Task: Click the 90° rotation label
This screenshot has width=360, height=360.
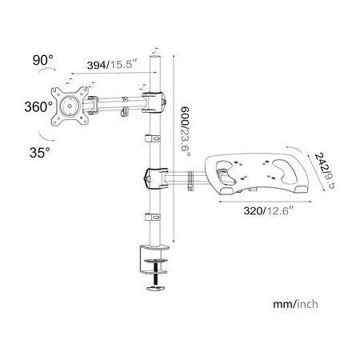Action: click(42, 60)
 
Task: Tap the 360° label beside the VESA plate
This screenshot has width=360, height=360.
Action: click(38, 107)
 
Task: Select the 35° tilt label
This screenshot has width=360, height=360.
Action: click(40, 153)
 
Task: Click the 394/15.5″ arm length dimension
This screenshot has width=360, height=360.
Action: click(112, 65)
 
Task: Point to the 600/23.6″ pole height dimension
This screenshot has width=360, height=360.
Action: click(185, 133)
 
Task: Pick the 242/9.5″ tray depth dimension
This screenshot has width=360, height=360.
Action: click(323, 170)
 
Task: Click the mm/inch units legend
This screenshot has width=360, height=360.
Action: click(295, 304)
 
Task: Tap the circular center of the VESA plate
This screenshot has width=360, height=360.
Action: click(70, 106)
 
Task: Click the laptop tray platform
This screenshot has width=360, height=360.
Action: click(257, 174)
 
